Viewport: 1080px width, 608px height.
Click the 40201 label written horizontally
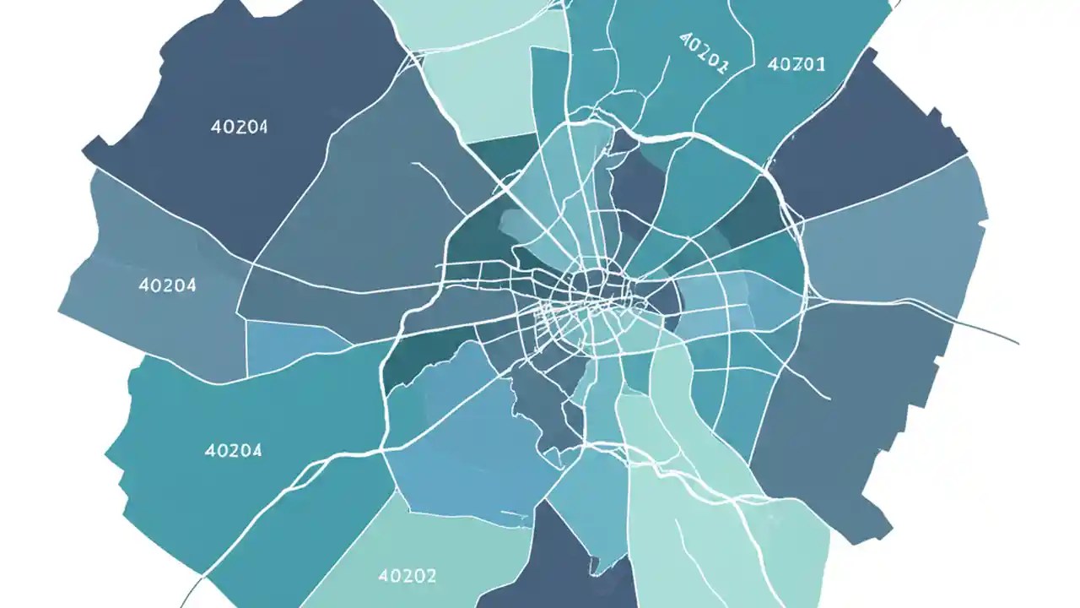click(x=797, y=63)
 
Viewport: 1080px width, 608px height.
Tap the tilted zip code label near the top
click(x=703, y=53)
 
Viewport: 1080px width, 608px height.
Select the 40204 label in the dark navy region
click(x=239, y=128)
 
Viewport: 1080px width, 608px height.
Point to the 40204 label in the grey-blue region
click(x=167, y=285)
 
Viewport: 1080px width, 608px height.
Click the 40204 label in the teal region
click(x=233, y=450)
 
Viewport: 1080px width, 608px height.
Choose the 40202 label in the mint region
click(x=408, y=576)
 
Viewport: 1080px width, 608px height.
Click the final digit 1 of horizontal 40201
click(x=822, y=63)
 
